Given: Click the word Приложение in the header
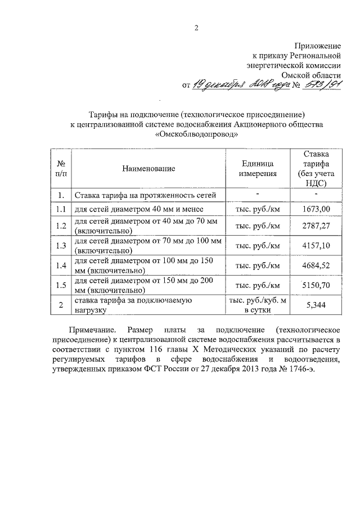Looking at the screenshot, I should click(x=318, y=45).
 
